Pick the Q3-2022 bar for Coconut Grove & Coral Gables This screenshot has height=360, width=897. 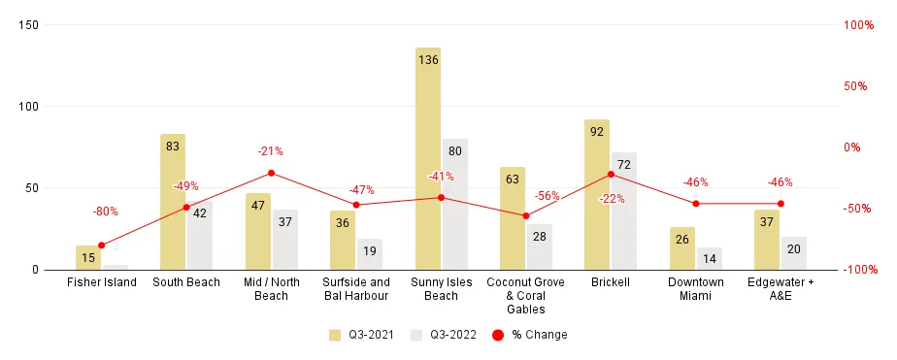click(x=539, y=246)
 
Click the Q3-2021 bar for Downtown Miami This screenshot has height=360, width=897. click(x=682, y=248)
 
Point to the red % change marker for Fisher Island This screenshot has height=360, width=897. click(x=101, y=245)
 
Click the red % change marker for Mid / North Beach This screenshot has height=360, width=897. click(x=271, y=173)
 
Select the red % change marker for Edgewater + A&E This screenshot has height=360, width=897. click(x=781, y=204)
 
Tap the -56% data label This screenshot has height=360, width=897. click(x=547, y=196)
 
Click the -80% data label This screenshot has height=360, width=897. click(x=105, y=212)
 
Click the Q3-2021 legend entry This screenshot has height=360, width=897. click(x=358, y=335)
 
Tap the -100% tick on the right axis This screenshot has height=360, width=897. click(x=858, y=270)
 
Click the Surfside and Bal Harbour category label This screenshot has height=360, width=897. click(x=355, y=289)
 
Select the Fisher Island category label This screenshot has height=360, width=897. click(x=102, y=282)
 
